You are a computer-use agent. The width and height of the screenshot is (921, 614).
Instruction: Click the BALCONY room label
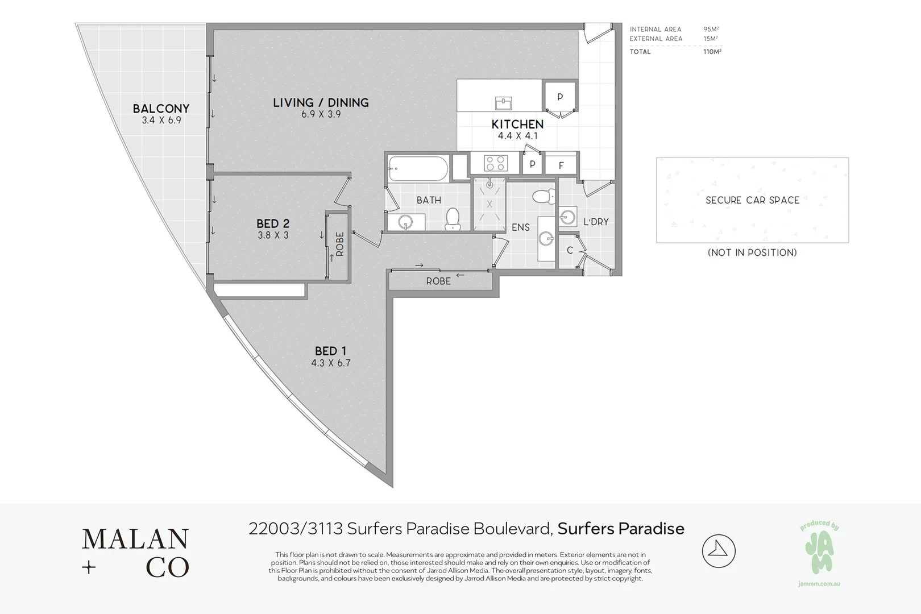coord(161,108)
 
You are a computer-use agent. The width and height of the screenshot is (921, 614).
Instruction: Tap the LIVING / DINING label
coord(321,102)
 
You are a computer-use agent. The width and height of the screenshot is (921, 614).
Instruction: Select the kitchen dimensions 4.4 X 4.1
coord(517,136)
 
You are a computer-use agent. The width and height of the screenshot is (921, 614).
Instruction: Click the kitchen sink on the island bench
coord(503,103)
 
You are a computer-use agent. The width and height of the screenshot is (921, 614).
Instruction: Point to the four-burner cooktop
coord(495,164)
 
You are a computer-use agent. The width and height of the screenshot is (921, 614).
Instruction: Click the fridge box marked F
coord(561,165)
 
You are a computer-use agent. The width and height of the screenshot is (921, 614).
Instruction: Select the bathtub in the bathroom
coord(418,169)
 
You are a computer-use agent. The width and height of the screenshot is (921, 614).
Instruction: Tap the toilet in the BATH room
coord(453,219)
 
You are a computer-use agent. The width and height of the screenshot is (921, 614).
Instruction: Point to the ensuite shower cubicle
coord(489,204)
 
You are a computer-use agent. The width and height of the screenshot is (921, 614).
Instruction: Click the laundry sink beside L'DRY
coord(567,217)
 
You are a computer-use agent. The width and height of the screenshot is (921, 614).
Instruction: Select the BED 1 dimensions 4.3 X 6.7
coord(331,363)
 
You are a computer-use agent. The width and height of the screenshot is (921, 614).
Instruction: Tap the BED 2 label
coord(273,223)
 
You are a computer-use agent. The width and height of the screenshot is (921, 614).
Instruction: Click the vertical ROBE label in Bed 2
coord(339,244)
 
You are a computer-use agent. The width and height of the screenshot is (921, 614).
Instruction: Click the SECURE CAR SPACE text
coord(752,200)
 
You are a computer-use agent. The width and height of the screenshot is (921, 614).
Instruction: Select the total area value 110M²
coord(712,52)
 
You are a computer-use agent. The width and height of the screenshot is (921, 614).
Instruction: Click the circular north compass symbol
coord(719,551)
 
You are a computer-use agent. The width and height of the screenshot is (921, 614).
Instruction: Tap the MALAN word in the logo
coord(135,540)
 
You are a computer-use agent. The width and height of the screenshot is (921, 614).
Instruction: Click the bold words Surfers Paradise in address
coord(621,529)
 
